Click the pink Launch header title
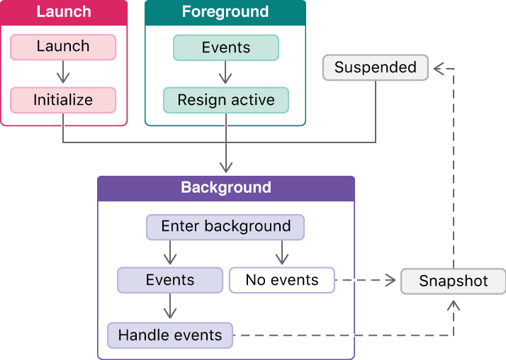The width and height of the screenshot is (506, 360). click(x=63, y=12)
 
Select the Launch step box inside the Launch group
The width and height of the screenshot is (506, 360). click(x=63, y=47)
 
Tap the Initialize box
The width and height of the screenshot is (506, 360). click(x=63, y=100)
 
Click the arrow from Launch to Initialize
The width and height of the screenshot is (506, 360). click(x=63, y=73)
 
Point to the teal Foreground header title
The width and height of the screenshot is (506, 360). click(x=225, y=12)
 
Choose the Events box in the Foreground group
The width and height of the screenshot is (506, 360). click(x=226, y=47)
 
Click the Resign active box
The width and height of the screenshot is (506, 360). click(x=226, y=100)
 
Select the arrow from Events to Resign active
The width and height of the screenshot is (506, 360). click(x=226, y=73)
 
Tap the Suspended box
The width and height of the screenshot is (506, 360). click(x=375, y=68)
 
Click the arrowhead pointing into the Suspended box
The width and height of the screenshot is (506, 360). click(x=439, y=68)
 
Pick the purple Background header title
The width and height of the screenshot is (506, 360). click(x=226, y=188)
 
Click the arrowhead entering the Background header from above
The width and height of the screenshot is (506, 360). click(x=226, y=167)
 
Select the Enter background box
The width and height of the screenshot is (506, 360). click(x=225, y=227)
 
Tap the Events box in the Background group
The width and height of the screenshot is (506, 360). click(x=170, y=280)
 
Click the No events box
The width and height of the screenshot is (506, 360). click(x=281, y=280)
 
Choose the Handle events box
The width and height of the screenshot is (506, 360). click(x=170, y=335)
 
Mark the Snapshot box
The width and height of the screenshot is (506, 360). click(x=454, y=281)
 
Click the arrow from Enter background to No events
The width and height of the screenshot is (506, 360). click(x=282, y=252)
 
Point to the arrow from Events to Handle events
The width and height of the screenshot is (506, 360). click(x=170, y=307)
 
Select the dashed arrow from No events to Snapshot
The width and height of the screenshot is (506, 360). click(x=365, y=281)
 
